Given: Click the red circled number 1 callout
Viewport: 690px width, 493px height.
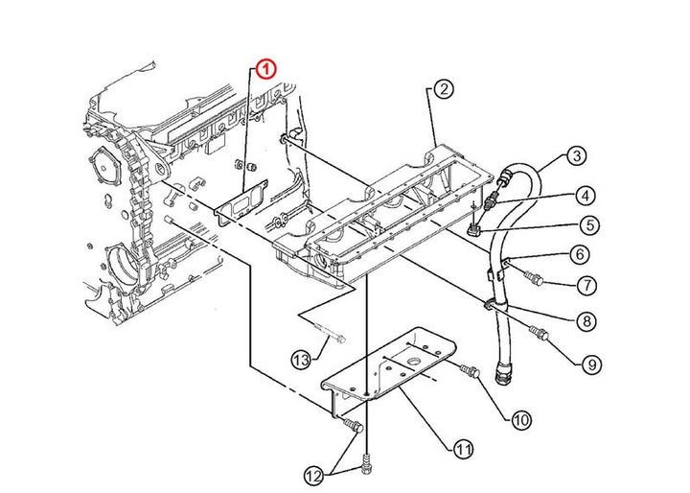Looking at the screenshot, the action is point(266,69).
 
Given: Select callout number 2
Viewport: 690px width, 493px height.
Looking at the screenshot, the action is point(444,89).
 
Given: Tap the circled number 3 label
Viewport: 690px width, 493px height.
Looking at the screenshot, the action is point(577,156).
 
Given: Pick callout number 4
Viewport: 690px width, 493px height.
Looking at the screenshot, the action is point(585,196).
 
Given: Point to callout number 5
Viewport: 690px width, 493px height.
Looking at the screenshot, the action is point(589,225).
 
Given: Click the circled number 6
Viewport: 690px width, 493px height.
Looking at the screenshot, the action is point(580,254).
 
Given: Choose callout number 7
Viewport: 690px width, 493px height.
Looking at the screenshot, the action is point(587,286).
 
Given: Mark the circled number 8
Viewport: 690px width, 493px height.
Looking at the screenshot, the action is point(586,320).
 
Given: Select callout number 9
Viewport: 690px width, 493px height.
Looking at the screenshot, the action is point(591,364).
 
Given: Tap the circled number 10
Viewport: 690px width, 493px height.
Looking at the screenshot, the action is point(521,420).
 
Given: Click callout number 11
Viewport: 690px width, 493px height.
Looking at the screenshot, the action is point(463,450).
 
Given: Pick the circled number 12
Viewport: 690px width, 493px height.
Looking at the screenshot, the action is point(314,476).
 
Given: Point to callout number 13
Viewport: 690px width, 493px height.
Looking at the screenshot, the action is point(302,361).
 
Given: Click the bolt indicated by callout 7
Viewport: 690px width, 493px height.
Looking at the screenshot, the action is point(534,278).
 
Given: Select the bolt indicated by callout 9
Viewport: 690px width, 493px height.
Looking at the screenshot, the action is point(539,333).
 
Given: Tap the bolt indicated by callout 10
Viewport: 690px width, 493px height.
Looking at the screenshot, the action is point(470,371).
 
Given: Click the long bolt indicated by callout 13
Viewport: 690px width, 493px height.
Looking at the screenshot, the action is point(331,333).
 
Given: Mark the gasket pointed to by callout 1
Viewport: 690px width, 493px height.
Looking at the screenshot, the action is point(242,203).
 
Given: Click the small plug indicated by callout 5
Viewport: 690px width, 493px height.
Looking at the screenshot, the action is point(473,229).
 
